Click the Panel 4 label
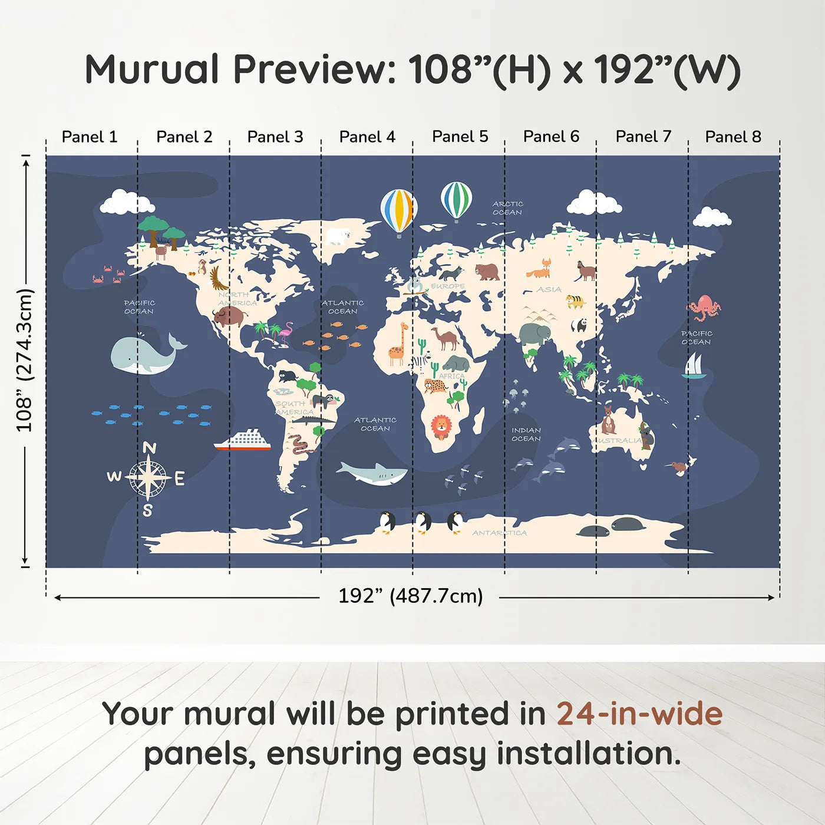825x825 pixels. [x=367, y=137]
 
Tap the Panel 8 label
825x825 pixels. [x=733, y=137]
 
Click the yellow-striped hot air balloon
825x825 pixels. [x=398, y=211]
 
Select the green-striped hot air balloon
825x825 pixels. [x=456, y=200]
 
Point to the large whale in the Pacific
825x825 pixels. [x=144, y=354]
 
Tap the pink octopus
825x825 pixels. [x=704, y=308]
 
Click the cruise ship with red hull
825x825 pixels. [x=243, y=441]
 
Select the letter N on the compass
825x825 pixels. [x=150, y=448]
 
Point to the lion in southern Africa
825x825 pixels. [x=441, y=426]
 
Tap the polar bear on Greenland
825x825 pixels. [x=338, y=236]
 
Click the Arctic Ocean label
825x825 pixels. [x=507, y=208]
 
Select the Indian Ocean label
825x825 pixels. [x=526, y=434]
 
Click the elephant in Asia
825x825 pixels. [x=535, y=335]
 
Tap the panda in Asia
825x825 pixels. [x=579, y=325]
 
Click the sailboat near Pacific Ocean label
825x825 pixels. [x=694, y=366]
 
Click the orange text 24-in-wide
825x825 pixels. [x=639, y=714]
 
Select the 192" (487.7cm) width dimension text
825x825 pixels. [x=410, y=596]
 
